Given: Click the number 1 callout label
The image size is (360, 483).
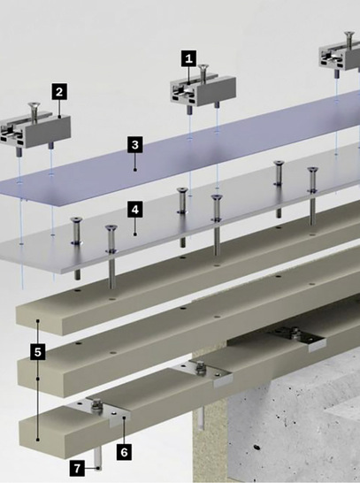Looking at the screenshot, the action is (188, 58).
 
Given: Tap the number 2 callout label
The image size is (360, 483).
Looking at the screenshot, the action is (59, 91).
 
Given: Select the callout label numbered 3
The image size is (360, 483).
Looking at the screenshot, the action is (135, 145).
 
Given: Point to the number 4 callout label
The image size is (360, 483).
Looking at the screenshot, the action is (135, 210).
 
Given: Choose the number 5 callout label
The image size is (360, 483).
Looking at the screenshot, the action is (38, 352).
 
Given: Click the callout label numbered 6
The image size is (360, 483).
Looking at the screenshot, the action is (124, 452).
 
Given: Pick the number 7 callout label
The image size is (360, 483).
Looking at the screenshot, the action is (77, 468).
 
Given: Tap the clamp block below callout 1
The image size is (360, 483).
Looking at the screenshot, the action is (203, 91).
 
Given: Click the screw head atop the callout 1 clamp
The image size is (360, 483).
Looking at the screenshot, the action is (203, 66).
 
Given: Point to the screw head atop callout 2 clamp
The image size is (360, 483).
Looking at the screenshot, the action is (34, 105).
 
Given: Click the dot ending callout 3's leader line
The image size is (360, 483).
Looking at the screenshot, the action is (135, 170).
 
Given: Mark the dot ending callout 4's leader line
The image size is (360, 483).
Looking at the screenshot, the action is (135, 234).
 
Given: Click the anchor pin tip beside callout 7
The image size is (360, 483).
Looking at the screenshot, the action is (98, 468).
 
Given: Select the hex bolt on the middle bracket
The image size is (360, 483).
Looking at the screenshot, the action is (199, 368).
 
